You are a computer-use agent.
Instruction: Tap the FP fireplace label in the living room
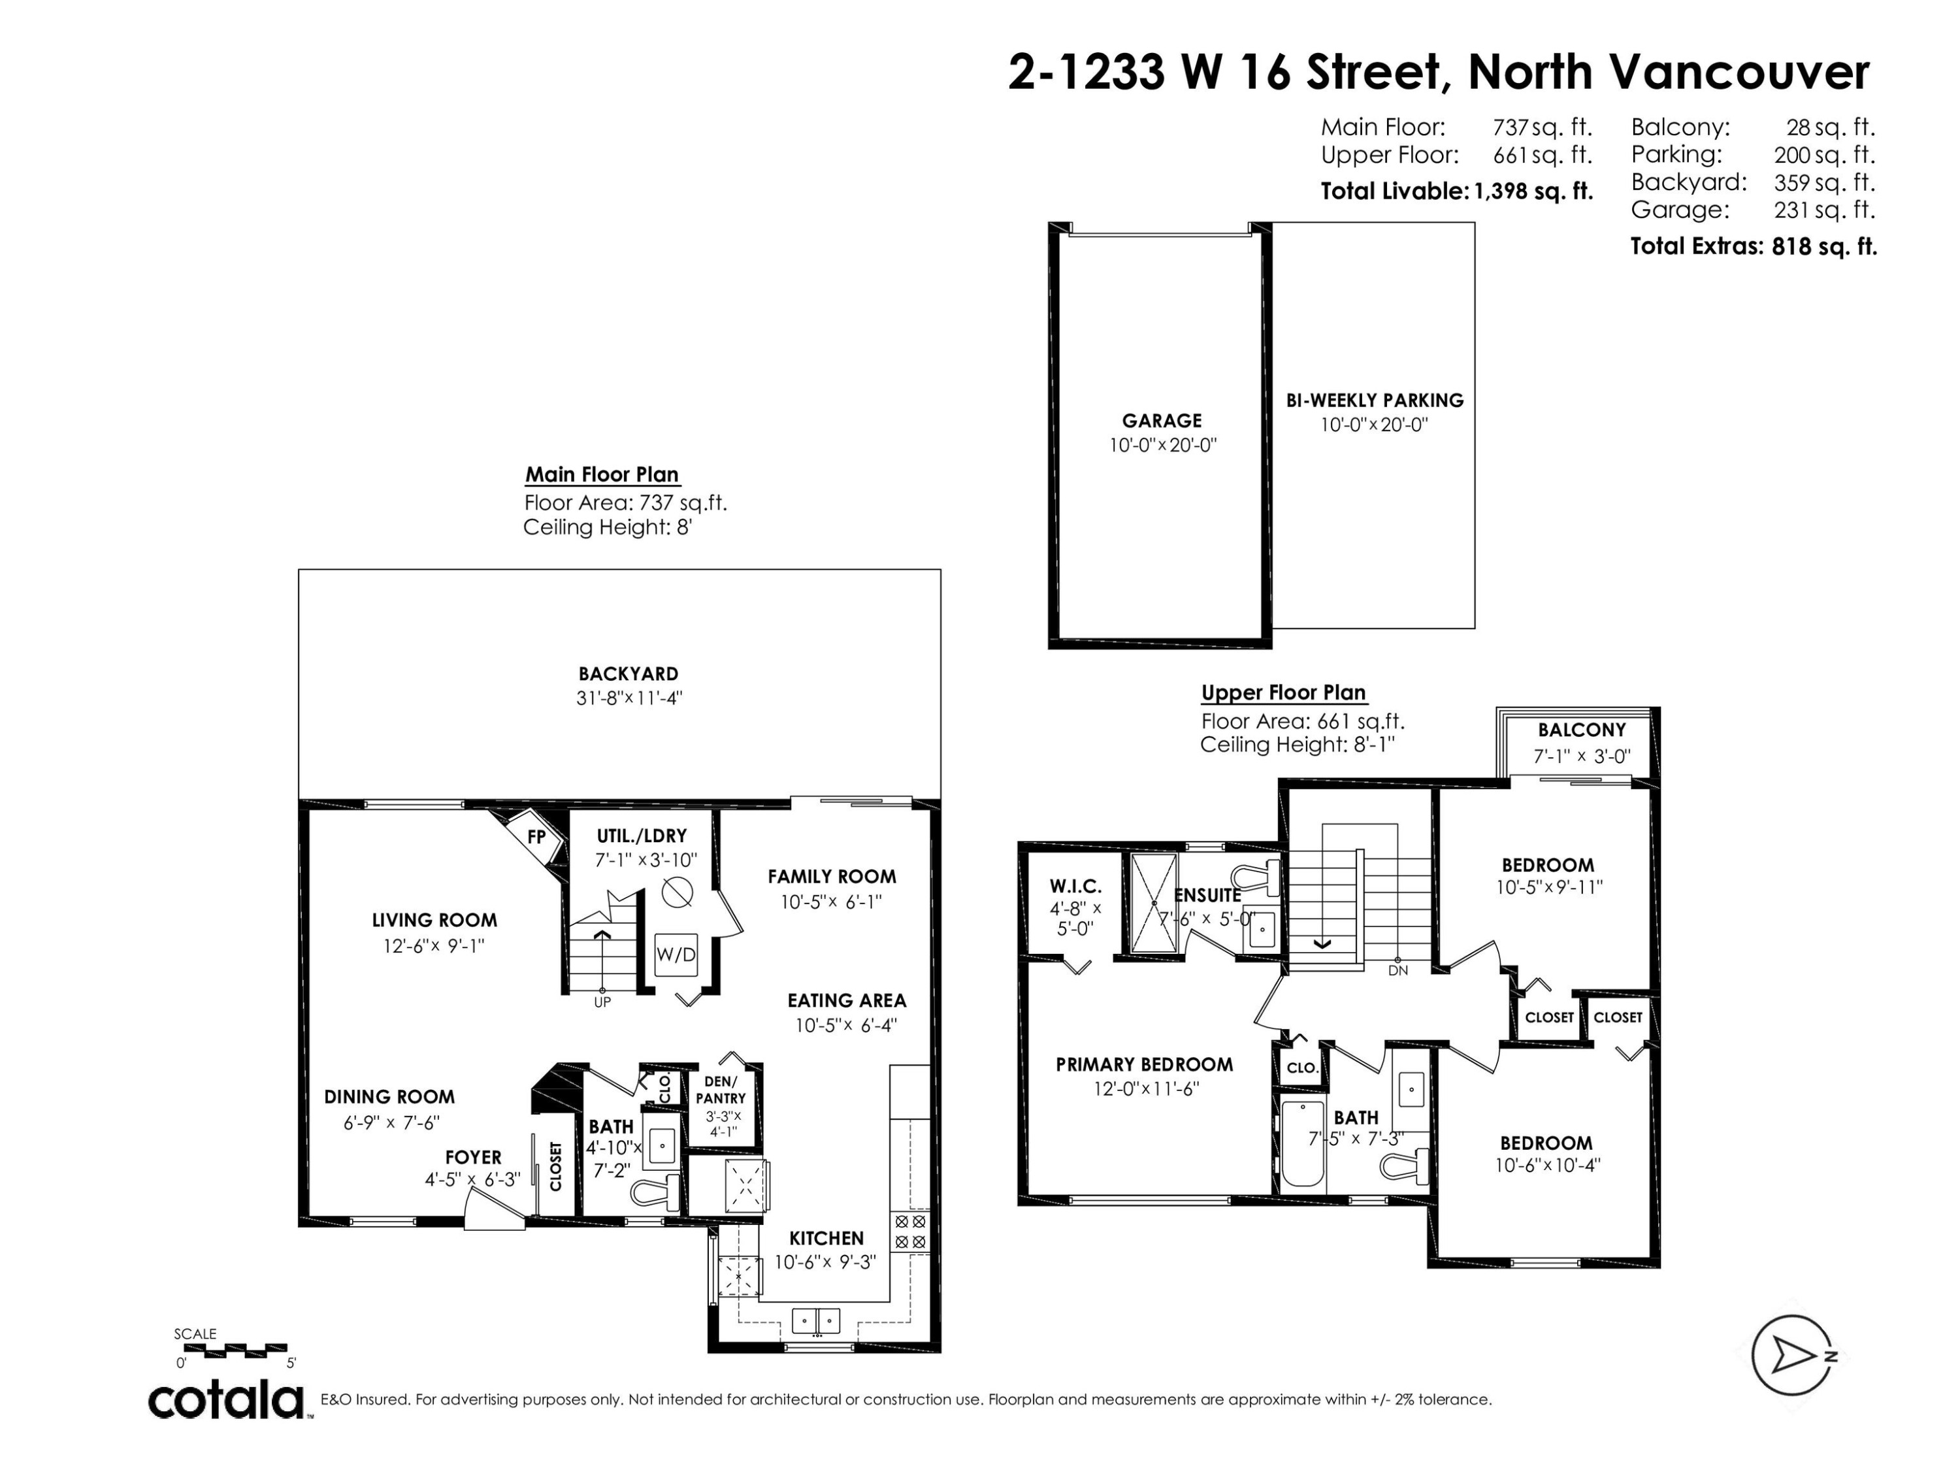[x=536, y=836]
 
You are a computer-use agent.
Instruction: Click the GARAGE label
[x=1162, y=421]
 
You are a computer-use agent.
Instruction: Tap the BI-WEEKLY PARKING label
[x=1375, y=400]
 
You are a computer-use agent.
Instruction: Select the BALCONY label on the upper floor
[x=1582, y=730]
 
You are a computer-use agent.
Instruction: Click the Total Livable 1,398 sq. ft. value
[x=1533, y=191]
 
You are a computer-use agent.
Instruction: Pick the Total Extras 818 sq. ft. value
[x=1823, y=246]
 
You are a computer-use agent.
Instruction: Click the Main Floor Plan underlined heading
[x=602, y=475]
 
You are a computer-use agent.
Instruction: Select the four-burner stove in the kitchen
[x=910, y=1232]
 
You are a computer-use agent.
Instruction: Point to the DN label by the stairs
[x=1397, y=971]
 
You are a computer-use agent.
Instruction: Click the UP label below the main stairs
[x=602, y=1002]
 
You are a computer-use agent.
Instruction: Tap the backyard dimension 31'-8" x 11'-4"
[x=629, y=698]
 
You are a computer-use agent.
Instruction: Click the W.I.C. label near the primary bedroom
[x=1075, y=886]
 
